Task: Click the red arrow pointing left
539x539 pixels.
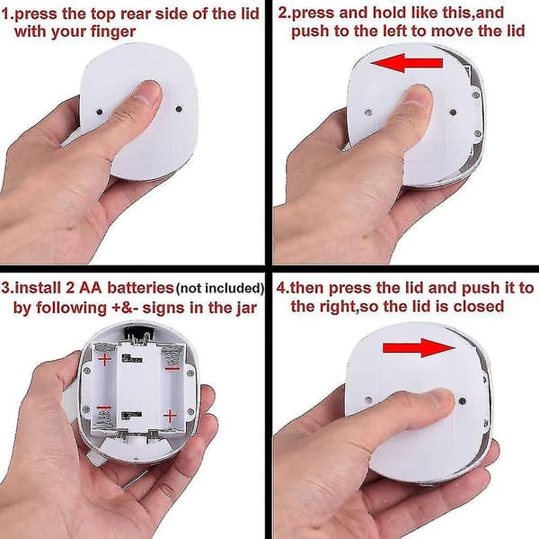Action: (x=407, y=63)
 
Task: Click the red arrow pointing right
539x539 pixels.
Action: (x=419, y=347)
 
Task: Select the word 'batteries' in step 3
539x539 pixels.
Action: (x=140, y=288)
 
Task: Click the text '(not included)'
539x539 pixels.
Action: (x=220, y=288)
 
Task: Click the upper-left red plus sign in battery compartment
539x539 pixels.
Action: (x=105, y=360)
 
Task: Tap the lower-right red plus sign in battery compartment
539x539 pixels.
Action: (x=170, y=416)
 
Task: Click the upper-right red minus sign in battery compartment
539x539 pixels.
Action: (x=172, y=369)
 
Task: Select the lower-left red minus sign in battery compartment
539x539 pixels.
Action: (x=103, y=408)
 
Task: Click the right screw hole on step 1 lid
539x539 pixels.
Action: (x=179, y=109)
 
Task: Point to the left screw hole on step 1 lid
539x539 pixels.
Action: (x=100, y=112)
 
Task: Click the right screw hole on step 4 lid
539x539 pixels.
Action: (x=463, y=401)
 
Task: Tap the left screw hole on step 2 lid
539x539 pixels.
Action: (x=368, y=112)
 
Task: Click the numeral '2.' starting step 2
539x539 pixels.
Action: (x=284, y=13)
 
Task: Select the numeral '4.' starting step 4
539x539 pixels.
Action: (x=283, y=288)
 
